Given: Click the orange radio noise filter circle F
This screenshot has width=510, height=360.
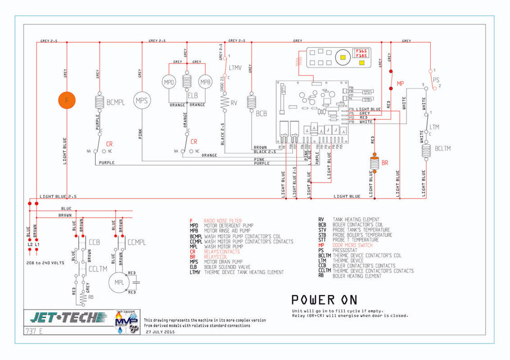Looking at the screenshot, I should tap(66, 100).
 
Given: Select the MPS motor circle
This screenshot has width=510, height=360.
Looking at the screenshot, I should tap(142, 100).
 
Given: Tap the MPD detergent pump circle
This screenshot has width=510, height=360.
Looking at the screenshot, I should tap(169, 82).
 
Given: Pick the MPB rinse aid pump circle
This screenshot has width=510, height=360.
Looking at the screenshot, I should tap(205, 82).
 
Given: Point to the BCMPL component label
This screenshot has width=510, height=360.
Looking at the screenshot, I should tap(116, 102).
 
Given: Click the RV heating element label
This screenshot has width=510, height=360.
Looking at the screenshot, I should tap(234, 103).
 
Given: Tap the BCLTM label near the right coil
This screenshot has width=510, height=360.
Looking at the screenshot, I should tap(443, 149).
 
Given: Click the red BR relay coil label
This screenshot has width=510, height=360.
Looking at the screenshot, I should tap(384, 163).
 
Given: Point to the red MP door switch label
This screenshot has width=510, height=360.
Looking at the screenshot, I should tap(400, 83).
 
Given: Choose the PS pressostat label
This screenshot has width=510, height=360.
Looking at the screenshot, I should tap(436, 80).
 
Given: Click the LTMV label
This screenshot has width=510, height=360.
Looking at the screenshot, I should tap(235, 67).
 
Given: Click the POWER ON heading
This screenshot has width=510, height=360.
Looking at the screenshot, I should tap(324, 300).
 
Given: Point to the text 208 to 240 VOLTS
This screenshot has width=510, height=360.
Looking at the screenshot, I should tap(45, 263).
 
